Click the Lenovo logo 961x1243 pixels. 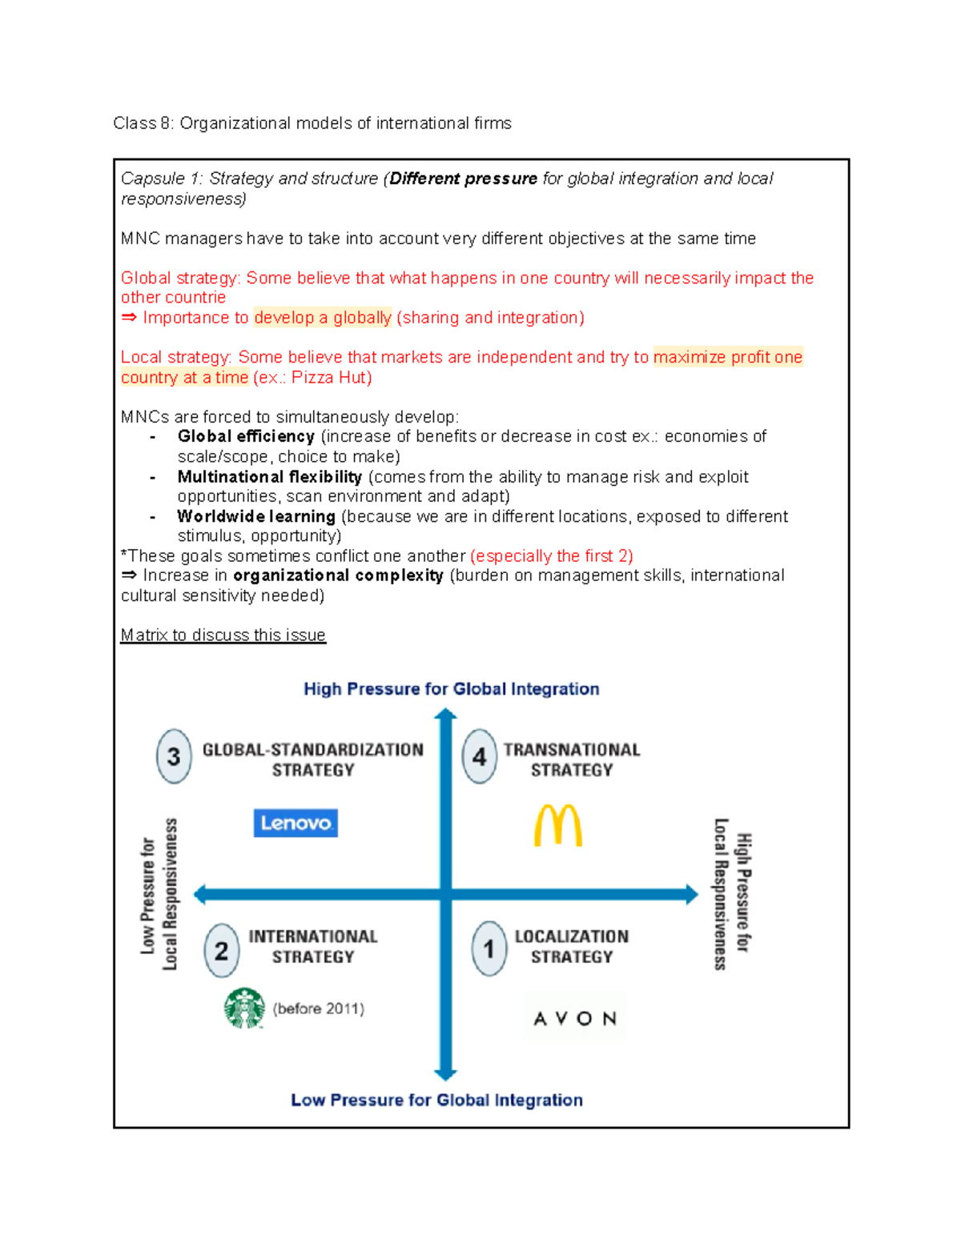point(296,823)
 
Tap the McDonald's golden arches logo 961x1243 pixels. point(558,825)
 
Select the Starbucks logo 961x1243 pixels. point(244,1008)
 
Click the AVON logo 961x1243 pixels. point(575,1018)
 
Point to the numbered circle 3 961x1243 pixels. point(174,756)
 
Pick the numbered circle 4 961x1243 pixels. point(479,756)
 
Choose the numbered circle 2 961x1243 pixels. point(221,951)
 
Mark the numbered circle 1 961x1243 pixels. point(489,949)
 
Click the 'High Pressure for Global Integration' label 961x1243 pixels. point(451,689)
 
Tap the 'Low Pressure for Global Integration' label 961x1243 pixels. point(436,1100)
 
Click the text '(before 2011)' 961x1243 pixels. point(319,1008)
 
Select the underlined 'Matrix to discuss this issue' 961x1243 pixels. point(223,635)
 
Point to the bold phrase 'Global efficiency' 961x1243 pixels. point(246,436)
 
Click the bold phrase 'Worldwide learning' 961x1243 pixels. point(256,516)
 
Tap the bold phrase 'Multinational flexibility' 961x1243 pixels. point(270,477)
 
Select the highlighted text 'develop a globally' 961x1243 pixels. point(323,318)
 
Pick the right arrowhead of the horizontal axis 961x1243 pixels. point(691,894)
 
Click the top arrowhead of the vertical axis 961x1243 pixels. point(445,715)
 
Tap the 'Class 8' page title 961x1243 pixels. point(312,123)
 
